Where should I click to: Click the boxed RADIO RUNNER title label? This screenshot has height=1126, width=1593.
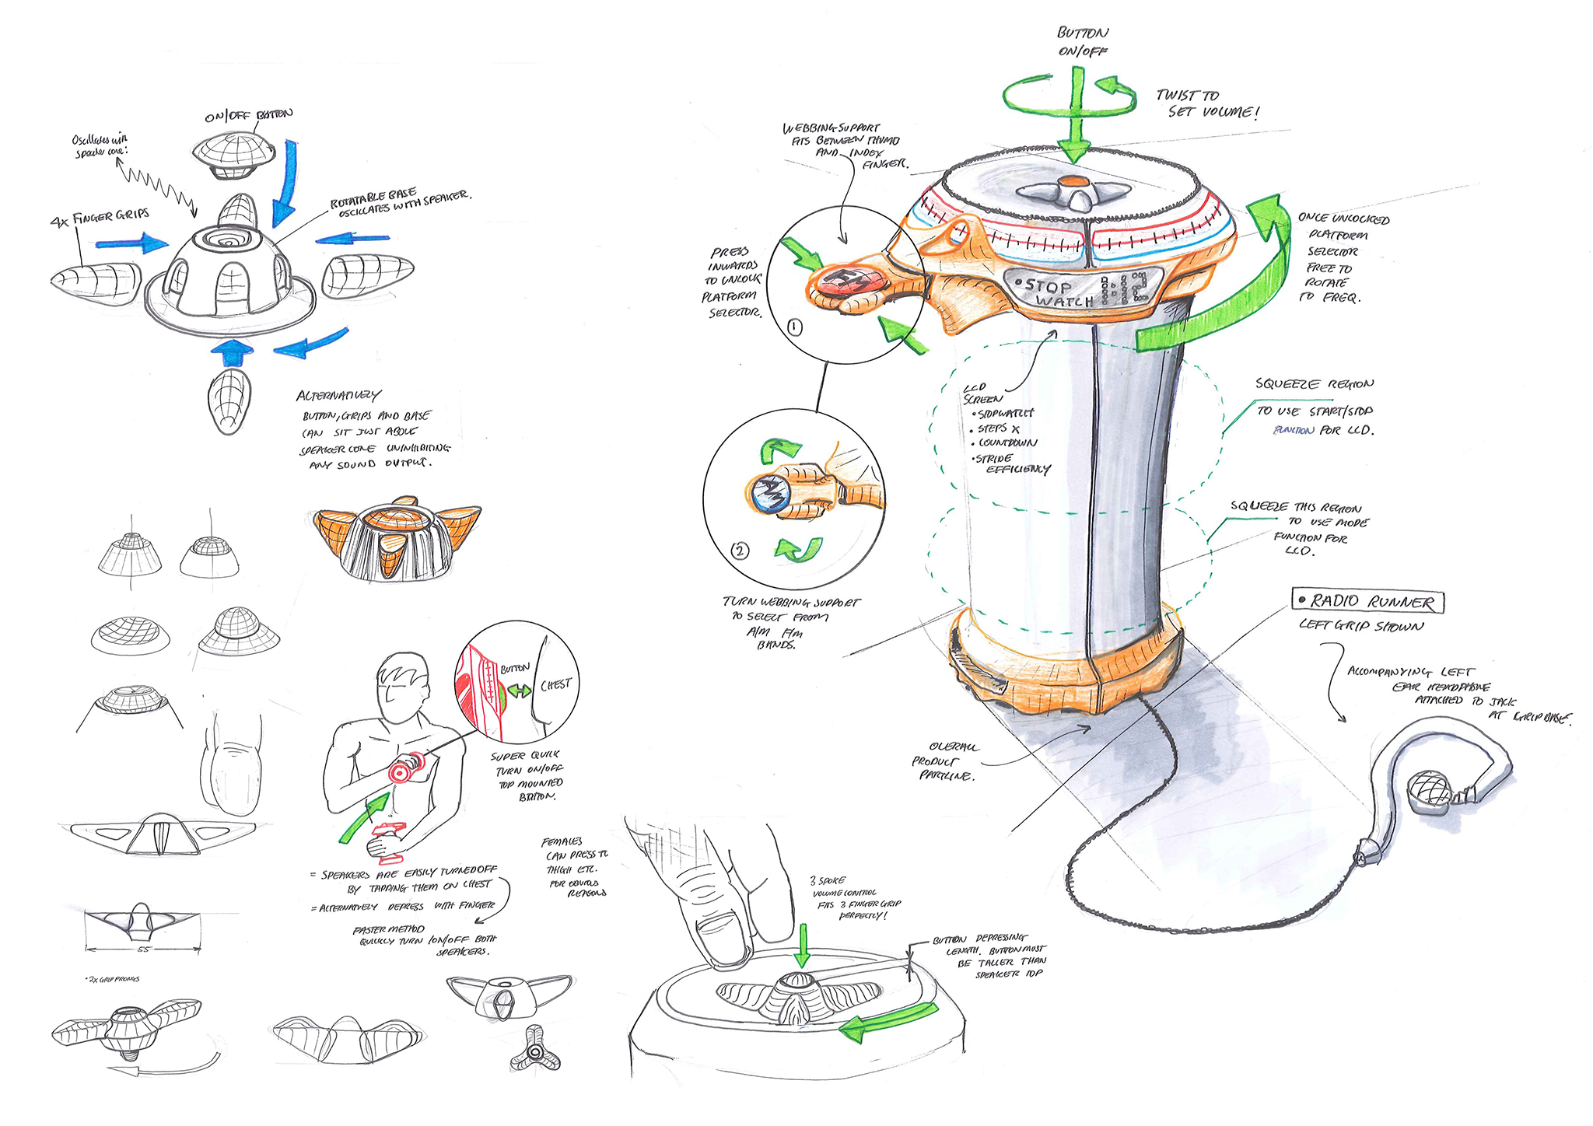[1367, 602]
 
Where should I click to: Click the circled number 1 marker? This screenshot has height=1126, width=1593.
[794, 327]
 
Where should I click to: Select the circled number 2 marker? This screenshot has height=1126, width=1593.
[740, 551]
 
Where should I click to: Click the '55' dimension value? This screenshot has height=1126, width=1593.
[143, 949]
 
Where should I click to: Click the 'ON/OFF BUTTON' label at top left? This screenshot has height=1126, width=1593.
[249, 116]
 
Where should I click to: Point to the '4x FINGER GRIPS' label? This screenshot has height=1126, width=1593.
[99, 218]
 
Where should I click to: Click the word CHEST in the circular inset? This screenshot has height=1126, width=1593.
[555, 685]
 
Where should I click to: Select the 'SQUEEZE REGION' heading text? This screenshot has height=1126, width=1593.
[1315, 384]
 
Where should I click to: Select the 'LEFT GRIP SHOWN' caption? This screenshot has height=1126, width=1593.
[1360, 626]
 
